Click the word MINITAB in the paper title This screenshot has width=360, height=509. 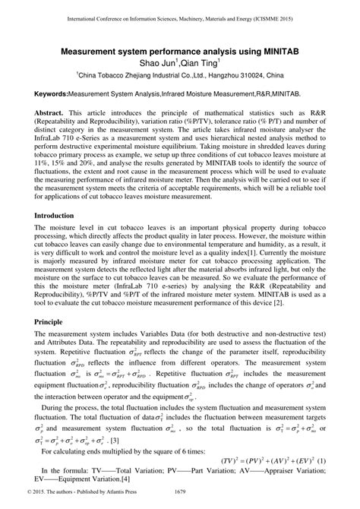pos(283,49)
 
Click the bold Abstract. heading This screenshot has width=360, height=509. pos(51,111)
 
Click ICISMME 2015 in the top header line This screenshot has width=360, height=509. pos(294,15)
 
